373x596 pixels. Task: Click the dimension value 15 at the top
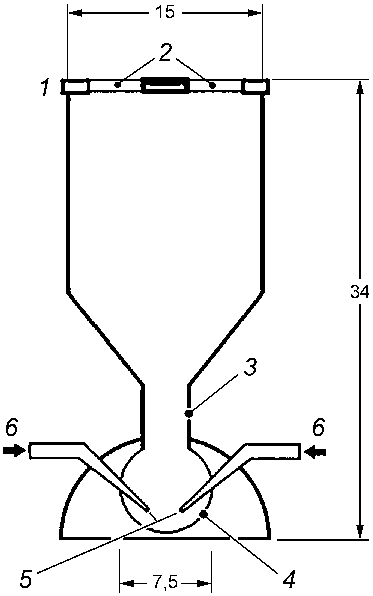point(165,13)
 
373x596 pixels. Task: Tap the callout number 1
point(45,89)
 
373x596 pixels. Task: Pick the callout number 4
point(288,580)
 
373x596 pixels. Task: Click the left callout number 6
point(12,429)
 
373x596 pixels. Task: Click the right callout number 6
point(318,429)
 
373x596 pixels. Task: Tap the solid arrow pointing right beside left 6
point(14,451)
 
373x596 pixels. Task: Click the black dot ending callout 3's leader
point(189,414)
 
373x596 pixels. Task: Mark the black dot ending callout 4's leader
point(204,514)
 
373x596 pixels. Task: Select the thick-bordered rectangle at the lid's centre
point(165,86)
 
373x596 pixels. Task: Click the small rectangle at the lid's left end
point(75,86)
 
